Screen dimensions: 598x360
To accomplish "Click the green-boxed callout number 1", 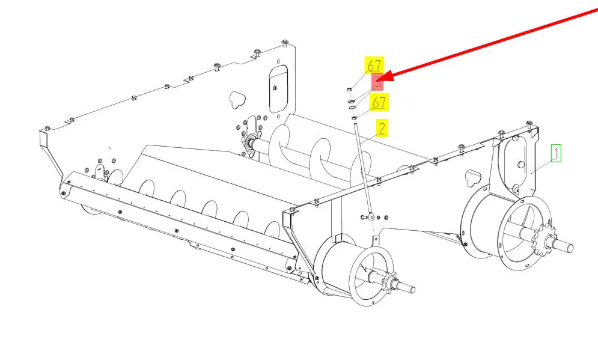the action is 557,154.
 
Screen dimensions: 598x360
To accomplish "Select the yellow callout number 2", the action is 382,127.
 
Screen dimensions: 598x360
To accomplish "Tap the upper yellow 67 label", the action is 374,66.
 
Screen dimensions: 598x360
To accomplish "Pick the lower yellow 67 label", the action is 379,102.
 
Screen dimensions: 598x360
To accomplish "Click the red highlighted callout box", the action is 377,82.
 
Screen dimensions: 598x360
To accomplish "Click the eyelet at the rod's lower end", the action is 372,216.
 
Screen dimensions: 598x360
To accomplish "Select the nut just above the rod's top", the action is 354,117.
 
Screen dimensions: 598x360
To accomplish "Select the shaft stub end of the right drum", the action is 567,247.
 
